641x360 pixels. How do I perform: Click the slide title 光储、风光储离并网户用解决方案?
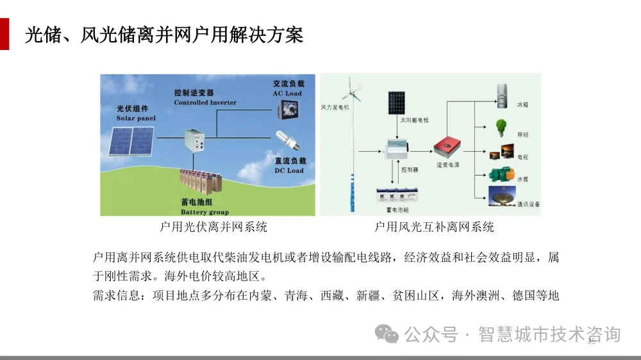point(163,35)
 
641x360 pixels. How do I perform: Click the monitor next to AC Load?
point(283,111)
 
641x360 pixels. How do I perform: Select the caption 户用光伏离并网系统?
point(213,227)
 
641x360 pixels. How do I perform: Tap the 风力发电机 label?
point(335,107)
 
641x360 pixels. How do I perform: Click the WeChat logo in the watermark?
point(387,333)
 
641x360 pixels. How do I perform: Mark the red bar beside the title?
point(4,34)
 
